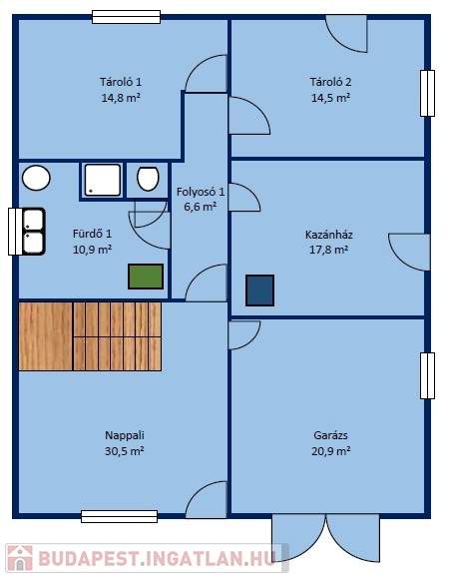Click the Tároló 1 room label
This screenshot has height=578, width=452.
tap(121, 82)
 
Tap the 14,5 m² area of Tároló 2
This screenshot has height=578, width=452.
tap(330, 98)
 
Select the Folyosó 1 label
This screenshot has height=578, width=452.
tap(200, 192)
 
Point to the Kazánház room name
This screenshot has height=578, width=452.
tap(329, 235)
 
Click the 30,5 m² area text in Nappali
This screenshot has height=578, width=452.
tap(124, 451)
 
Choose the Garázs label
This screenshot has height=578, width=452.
tap(330, 435)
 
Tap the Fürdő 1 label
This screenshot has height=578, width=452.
tap(92, 234)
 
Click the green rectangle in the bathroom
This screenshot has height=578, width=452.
tap(146, 277)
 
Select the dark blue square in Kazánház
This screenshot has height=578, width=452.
tap(259, 290)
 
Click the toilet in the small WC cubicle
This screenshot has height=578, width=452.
tap(148, 179)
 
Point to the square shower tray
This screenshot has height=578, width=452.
tap(103, 181)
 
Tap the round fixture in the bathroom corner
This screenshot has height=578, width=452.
tap(36, 178)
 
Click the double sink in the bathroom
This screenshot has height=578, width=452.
tap(33, 232)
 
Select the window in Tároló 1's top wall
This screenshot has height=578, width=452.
tap(126, 17)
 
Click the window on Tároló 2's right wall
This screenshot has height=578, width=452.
tap(427, 93)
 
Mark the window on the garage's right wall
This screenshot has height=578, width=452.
tap(427, 375)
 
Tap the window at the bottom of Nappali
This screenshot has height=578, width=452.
tap(119, 516)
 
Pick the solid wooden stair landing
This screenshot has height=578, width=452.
tap(45, 336)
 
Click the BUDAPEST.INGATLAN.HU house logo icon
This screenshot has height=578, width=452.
tap(20, 558)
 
